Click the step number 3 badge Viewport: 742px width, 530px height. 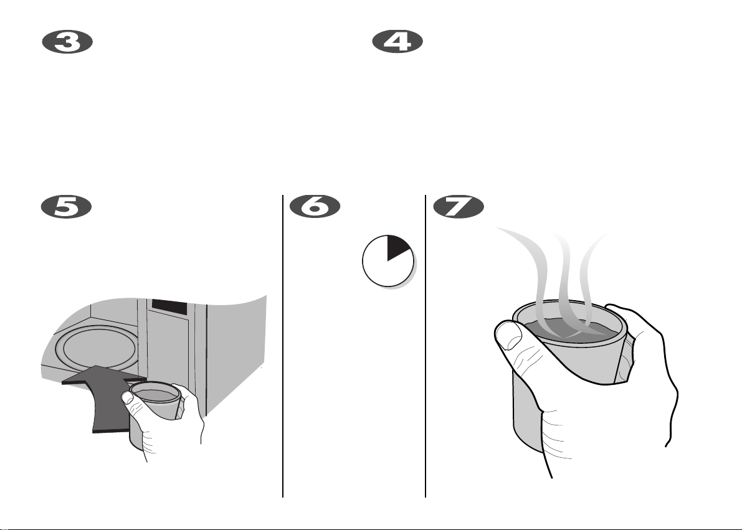67,42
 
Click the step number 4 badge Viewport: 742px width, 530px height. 397,42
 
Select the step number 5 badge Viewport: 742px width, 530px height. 66,207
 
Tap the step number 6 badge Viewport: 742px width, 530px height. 315,207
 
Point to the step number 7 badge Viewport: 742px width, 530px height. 459,207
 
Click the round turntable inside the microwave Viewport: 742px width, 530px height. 97,348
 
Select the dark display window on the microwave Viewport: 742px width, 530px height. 169,306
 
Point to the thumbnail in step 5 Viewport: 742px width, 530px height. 127,397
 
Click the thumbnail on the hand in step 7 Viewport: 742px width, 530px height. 508,335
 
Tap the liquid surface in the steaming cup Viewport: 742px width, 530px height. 570,330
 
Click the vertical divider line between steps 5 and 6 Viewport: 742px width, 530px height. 283,346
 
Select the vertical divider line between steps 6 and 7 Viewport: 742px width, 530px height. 426,346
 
